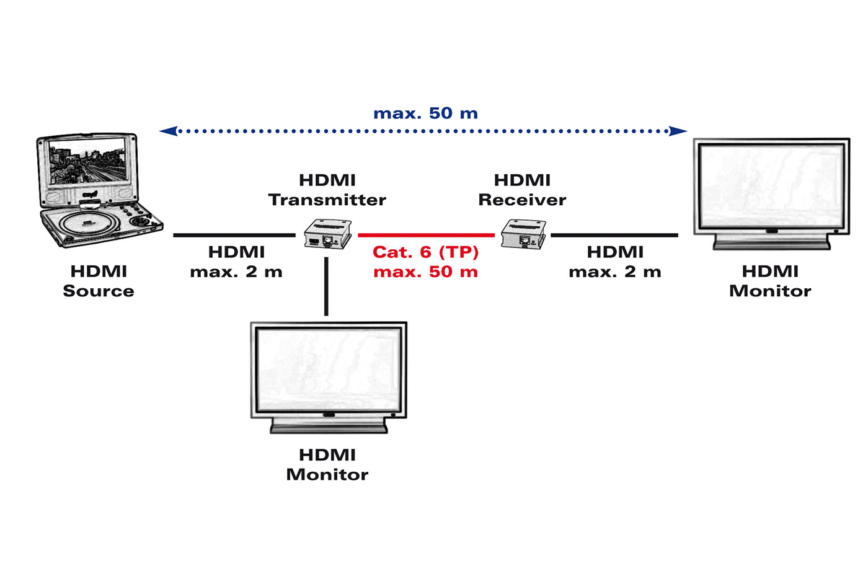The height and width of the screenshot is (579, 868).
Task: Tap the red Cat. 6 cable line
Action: [x=426, y=236]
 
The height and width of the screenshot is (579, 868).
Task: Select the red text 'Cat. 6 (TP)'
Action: [x=425, y=252]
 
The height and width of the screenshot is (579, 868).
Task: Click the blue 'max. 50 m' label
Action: [x=425, y=113]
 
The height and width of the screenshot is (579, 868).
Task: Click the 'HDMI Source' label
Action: [x=99, y=281]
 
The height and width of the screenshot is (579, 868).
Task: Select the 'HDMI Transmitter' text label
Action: [x=327, y=190]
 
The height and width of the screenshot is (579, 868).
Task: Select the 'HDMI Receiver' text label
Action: [x=522, y=190]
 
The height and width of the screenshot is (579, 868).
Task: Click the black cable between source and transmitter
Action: [x=234, y=236]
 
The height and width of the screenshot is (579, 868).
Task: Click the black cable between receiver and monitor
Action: [x=614, y=236]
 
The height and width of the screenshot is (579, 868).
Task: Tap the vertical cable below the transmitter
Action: [x=327, y=285]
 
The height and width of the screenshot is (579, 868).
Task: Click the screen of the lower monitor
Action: [x=329, y=368]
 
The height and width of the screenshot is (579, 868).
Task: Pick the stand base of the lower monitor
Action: [x=329, y=427]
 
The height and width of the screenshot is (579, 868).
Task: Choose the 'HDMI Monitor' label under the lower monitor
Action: [x=327, y=464]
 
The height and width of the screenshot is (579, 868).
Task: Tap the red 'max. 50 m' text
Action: [x=425, y=272]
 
